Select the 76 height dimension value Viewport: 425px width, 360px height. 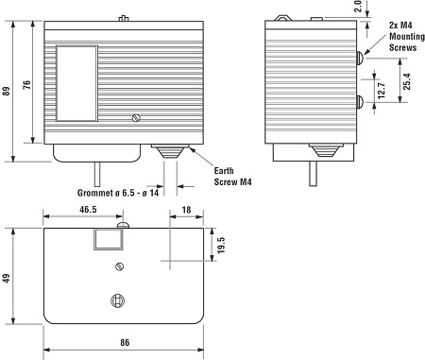tap(26, 85)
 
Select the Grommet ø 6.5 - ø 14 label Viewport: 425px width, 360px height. tap(117, 193)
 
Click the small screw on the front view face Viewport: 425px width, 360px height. tap(136, 118)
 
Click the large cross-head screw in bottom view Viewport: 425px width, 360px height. tap(118, 300)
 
